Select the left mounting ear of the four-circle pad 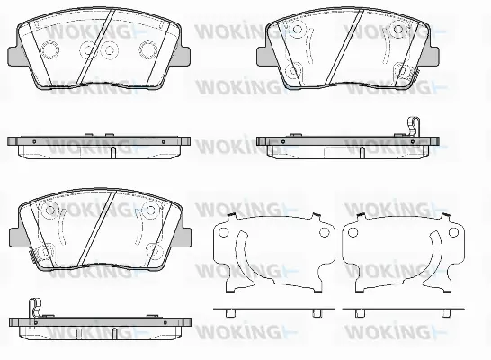pos(18,49)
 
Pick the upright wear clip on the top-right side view pos(412,126)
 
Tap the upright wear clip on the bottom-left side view pos(33,306)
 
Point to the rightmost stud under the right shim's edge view pos(445,311)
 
